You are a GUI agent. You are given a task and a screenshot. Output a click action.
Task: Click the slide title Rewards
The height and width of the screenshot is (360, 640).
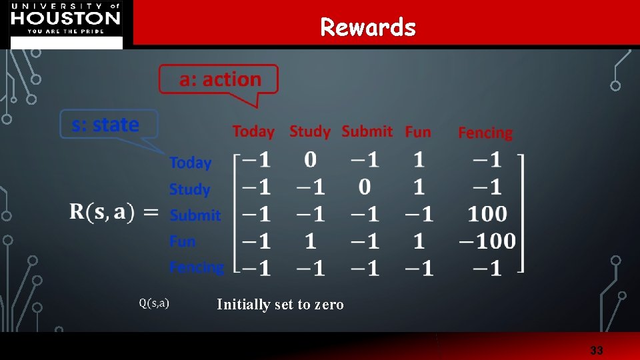pos(367,27)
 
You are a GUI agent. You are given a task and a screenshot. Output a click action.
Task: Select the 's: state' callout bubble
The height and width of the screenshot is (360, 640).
pos(107,125)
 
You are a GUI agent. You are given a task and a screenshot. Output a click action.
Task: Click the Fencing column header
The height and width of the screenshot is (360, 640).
pos(485,133)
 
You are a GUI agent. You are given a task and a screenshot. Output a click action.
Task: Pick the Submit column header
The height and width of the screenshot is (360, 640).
pos(367,131)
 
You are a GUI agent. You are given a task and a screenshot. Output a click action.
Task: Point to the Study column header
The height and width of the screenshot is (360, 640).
pos(309,131)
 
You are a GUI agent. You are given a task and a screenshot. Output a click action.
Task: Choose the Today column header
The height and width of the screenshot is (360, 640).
pos(253,131)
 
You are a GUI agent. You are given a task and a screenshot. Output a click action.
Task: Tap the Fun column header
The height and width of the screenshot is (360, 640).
pos(418,132)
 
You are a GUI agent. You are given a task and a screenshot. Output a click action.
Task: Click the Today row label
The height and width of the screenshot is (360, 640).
pos(190,163)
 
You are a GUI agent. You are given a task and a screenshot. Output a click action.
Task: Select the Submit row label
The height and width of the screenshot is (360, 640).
pos(195,215)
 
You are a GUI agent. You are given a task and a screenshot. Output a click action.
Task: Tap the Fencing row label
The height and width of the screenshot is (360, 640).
pos(197,267)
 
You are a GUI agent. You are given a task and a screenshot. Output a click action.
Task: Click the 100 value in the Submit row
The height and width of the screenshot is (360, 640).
pos(487,214)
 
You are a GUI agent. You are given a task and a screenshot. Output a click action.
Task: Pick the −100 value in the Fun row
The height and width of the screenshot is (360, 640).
pos(487,241)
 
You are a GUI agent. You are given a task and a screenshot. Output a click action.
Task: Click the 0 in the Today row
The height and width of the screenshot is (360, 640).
pos(310,160)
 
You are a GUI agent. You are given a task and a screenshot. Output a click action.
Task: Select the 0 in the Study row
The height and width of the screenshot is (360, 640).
pos(365,187)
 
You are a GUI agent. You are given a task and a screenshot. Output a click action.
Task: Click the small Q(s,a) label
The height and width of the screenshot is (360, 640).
pos(154,303)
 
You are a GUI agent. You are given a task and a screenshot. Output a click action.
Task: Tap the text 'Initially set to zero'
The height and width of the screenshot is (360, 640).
pos(280,305)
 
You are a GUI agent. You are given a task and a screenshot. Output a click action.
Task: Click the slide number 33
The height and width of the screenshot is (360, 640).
pos(596,350)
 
